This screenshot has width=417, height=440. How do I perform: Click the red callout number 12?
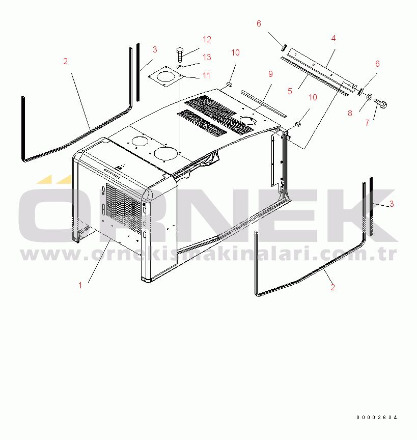click(207, 40)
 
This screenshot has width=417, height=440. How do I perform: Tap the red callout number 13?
click(207, 57)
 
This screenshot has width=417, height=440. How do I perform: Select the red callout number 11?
click(207, 75)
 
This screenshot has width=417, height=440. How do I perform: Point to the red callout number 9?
click(270, 74)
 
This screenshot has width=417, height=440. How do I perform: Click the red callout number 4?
click(333, 38)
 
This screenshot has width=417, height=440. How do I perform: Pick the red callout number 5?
click(290, 91)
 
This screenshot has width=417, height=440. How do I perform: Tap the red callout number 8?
click(350, 113)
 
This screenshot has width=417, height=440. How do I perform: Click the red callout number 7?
click(367, 123)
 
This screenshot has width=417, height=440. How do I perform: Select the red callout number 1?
click(80, 285)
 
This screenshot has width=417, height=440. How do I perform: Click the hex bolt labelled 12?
click(180, 54)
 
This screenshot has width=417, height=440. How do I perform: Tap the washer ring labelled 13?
click(180, 67)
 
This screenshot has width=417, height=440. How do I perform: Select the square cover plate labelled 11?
click(165, 76)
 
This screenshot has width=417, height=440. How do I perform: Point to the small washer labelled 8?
click(369, 97)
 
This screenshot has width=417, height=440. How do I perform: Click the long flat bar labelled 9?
click(264, 103)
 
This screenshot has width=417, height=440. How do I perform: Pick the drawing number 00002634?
click(377, 417)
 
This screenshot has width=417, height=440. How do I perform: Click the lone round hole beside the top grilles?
click(248, 120)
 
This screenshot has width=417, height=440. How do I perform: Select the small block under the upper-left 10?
click(229, 84)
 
